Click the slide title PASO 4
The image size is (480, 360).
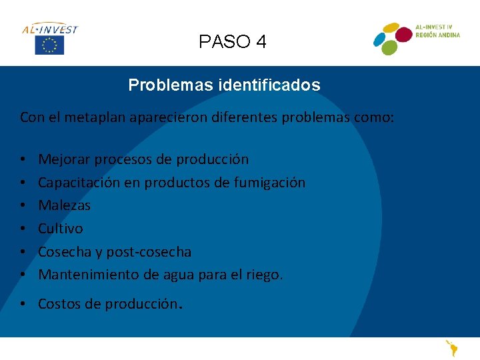click(233, 42)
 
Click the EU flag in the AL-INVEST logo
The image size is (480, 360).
click(49, 45)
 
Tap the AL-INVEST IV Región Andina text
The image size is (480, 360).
click(437, 31)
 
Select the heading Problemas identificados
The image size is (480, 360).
click(224, 85)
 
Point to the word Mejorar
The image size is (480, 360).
click(65, 159)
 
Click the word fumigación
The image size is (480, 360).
click(269, 182)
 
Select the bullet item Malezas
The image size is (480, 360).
click(64, 205)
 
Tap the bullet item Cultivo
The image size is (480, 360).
click(61, 229)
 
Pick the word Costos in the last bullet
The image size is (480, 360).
click(59, 304)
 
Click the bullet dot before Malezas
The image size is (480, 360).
click(23, 206)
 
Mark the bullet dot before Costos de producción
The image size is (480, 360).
click(23, 305)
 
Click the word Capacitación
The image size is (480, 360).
click(77, 182)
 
